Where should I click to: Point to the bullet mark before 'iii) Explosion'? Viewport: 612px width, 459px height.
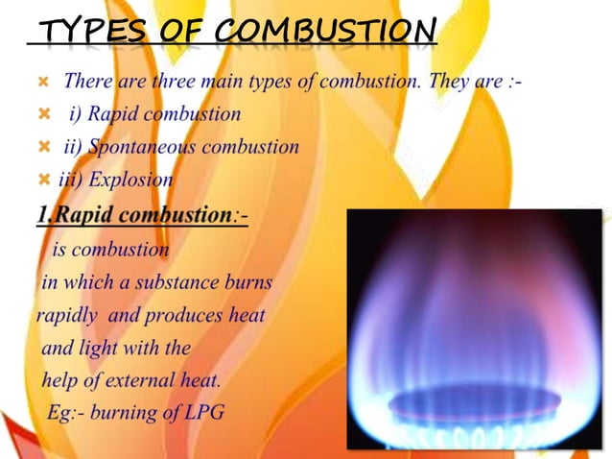click(x=43, y=180)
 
